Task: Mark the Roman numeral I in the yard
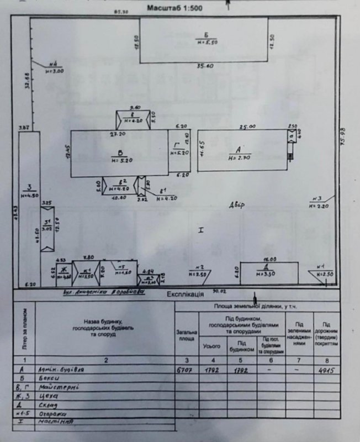201,229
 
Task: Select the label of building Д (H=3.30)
268,270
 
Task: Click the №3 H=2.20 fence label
319,202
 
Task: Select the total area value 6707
186,369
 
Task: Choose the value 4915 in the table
326,370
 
